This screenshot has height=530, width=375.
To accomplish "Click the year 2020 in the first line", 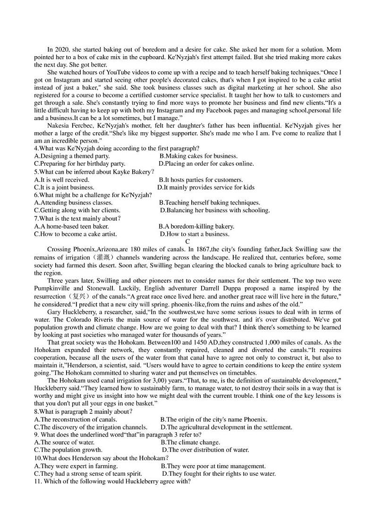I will coord(61,50).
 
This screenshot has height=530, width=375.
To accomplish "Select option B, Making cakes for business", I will coord(198,156).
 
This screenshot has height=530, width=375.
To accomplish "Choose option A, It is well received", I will coord(62,180).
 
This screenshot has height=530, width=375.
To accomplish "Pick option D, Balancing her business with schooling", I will coord(215,210).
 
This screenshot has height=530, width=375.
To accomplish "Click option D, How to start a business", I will coord(195,234).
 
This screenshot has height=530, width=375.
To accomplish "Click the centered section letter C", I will coord(187,241).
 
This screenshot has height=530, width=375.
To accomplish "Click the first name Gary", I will coord(54,312).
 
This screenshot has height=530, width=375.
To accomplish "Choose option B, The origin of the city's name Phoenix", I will coord(213,419).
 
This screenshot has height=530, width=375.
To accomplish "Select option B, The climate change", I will coord(190,442).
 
